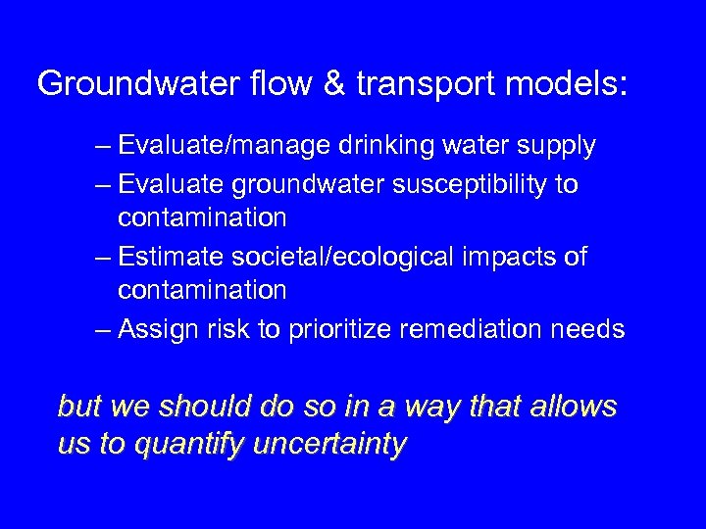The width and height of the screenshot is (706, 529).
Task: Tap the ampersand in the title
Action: (335, 84)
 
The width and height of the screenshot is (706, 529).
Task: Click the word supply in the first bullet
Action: (556, 146)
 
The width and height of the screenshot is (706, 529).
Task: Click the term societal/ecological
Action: (343, 257)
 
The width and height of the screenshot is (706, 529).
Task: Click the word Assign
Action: (159, 329)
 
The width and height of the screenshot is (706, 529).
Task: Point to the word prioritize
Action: (339, 329)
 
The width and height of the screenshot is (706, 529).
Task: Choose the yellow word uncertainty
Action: (329, 445)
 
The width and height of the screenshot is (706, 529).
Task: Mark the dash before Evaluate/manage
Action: (104, 146)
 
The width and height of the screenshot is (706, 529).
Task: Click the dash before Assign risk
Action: (104, 329)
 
